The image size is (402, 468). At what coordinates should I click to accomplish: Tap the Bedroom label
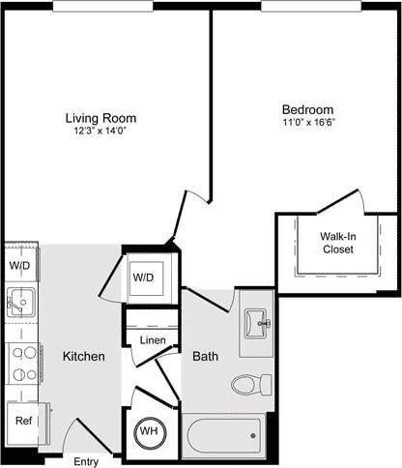point(307,109)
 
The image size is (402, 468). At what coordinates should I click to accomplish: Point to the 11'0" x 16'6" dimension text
point(307,124)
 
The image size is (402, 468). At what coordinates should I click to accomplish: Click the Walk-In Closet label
point(337,242)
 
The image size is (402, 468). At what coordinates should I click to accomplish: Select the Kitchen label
point(83,357)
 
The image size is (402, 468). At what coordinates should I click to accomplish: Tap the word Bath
point(205,357)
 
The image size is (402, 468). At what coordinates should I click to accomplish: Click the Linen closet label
point(152,340)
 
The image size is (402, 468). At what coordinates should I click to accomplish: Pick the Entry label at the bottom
point(86,461)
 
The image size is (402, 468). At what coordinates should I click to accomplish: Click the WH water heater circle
point(150,431)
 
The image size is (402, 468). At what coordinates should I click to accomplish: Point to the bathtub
point(224,435)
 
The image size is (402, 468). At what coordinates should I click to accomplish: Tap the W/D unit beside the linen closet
point(144,278)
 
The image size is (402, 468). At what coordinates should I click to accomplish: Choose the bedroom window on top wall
point(306,6)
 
